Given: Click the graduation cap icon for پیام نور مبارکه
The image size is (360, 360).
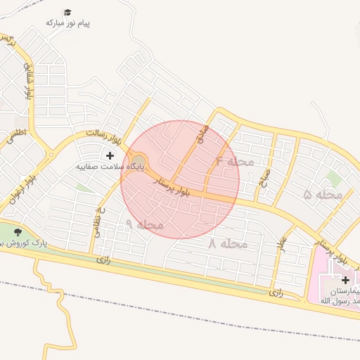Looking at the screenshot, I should coord(67,12).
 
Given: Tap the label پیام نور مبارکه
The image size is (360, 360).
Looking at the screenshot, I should coord(68,23).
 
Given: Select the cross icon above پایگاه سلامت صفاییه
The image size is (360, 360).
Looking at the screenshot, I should coord(110,155).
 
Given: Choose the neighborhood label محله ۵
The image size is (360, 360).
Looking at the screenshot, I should coord(323,194).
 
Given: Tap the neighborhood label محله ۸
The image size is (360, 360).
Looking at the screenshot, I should coord(228,244).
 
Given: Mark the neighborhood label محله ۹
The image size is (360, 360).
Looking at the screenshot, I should coord(144,224).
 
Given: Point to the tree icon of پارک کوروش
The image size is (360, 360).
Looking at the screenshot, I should coord(18,232).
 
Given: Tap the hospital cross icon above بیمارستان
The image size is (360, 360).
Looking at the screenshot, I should coord(345,280).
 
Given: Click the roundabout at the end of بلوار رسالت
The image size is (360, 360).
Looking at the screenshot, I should coord(139,161).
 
